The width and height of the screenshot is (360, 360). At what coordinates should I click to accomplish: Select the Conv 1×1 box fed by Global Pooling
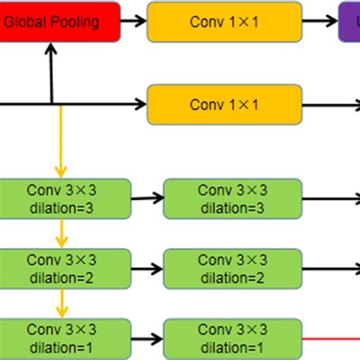tap(224, 21)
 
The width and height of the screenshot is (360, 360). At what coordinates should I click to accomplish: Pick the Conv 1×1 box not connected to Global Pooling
tap(224, 104)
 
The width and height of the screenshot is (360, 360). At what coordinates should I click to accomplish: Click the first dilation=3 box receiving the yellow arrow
tap(65, 198)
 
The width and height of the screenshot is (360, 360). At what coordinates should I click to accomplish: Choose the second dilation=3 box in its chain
tap(232, 198)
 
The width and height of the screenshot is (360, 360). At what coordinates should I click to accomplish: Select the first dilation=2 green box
tap(65, 269)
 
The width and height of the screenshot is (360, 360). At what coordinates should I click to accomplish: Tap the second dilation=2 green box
tap(232, 269)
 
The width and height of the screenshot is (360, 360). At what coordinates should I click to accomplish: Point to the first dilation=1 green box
tap(65, 339)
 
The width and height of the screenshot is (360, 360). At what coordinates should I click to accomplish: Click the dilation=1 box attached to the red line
tap(232, 339)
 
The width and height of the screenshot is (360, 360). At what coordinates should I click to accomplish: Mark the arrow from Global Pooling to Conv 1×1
tap(134, 22)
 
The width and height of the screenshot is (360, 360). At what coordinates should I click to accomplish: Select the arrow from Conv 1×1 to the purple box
tap(319, 22)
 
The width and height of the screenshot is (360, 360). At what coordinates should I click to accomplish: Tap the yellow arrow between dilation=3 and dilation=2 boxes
tap(59, 233)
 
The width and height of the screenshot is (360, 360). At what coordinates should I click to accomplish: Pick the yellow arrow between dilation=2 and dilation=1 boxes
tap(59, 304)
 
